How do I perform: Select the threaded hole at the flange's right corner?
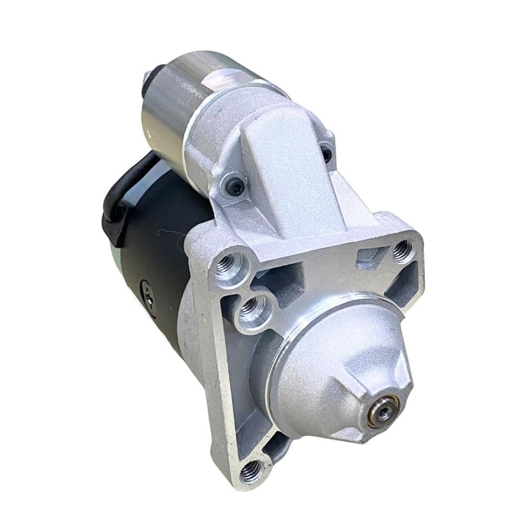tap(402, 249)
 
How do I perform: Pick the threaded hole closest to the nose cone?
tap(250, 309)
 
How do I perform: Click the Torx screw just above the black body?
tap(235, 186)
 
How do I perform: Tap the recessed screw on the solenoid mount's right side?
tap(326, 155)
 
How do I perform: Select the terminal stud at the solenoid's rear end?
tap(147, 78)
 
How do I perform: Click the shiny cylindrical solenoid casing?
tap(168, 108)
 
